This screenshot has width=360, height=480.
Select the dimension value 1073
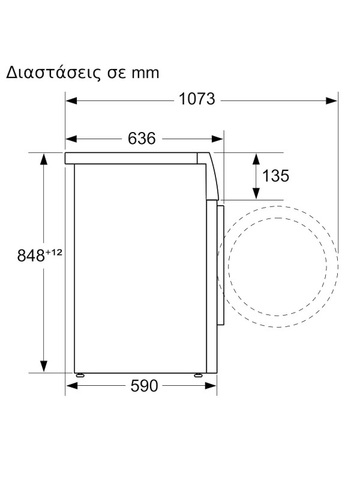197,100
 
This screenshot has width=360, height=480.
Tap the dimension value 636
142,139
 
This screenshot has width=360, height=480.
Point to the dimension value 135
276,176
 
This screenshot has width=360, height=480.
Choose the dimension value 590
143,386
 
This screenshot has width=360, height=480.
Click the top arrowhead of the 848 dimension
44,160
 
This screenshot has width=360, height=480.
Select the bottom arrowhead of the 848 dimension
44,366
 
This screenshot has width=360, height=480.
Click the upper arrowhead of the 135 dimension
256,160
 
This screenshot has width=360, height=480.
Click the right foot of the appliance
197,375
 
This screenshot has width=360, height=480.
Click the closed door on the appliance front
221,264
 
